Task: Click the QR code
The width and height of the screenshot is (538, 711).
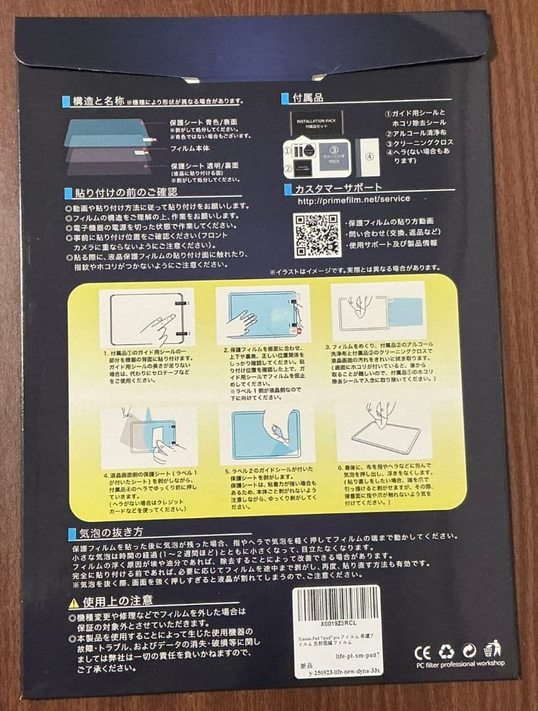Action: click(317, 234)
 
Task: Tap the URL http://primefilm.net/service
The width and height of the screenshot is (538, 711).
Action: click(354, 199)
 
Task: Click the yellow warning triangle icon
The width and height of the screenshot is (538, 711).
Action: click(74, 602)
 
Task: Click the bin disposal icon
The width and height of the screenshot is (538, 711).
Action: click(492, 649)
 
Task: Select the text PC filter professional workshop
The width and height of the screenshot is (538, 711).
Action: click(460, 663)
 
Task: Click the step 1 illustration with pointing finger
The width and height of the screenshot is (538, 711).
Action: click(147, 318)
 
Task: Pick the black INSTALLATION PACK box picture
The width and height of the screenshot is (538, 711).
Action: click(316, 124)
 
